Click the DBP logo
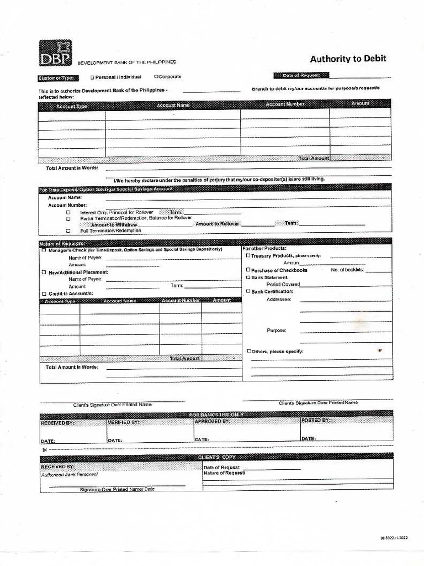point(55,53)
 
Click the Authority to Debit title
point(348,59)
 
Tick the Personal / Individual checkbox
point(92,77)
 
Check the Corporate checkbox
point(156,77)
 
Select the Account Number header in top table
point(285,104)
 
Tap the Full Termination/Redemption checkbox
point(68,231)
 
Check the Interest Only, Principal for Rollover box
point(68,212)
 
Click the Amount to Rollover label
point(217,224)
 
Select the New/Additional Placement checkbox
point(44,272)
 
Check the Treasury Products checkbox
point(248,256)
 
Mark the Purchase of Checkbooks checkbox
point(248,270)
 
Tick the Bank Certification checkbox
point(248,291)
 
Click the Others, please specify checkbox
point(249,351)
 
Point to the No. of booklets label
point(347,270)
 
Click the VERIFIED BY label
point(124,422)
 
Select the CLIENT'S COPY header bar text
point(216,457)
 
